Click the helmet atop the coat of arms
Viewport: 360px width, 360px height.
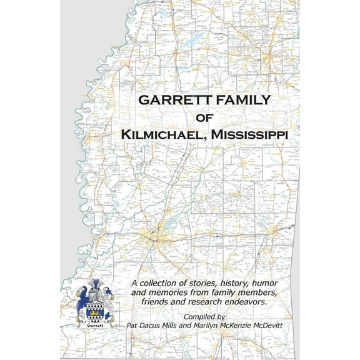[x=95, y=289]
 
